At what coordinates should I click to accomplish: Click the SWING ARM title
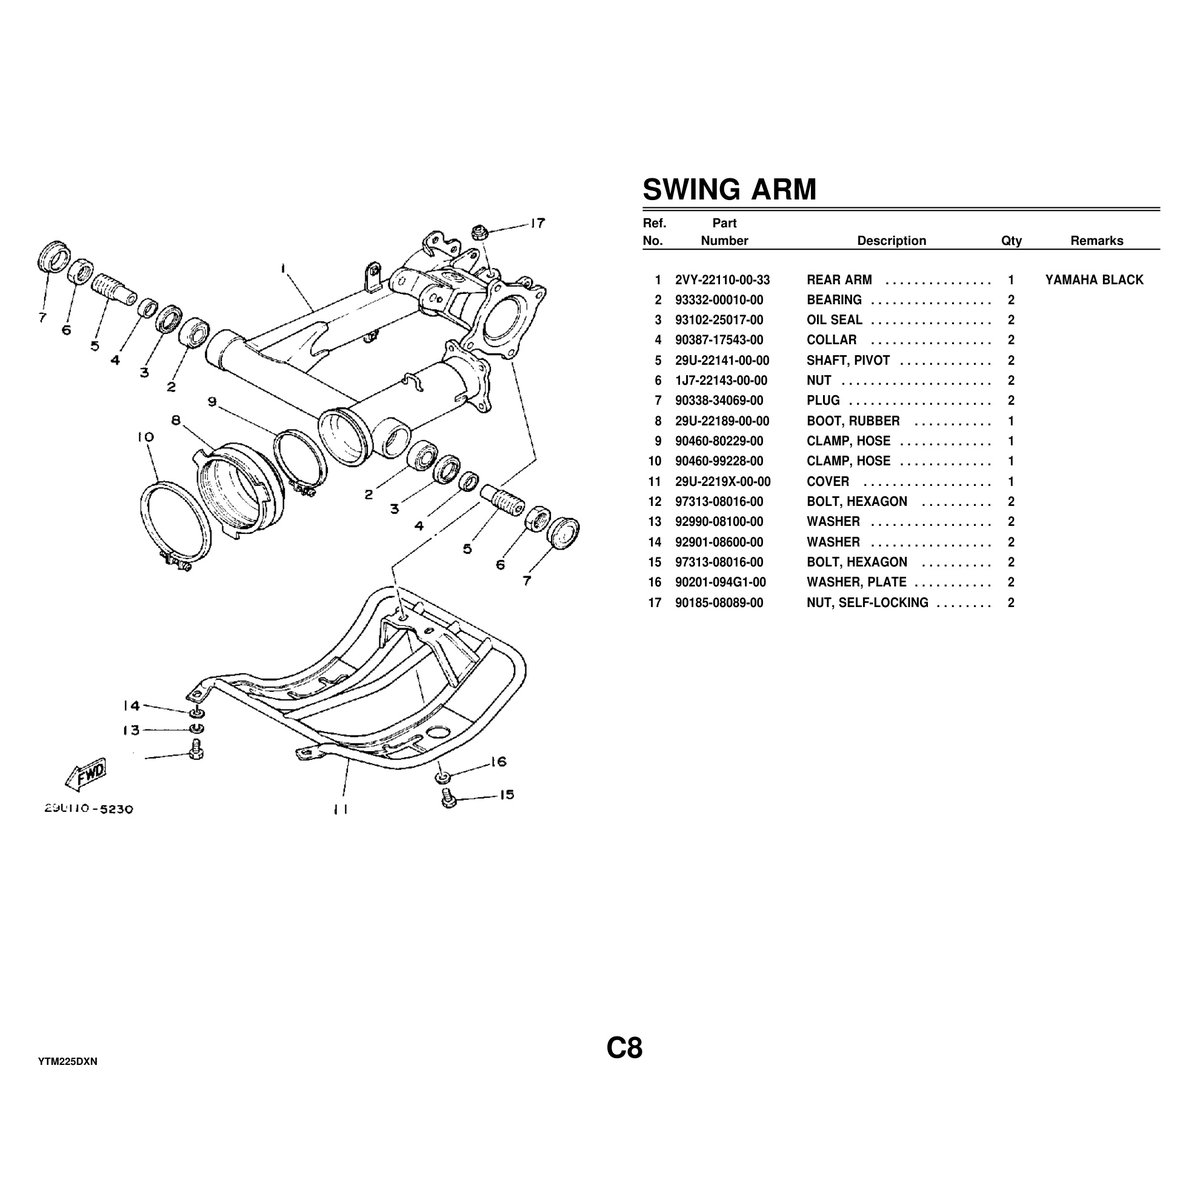[728, 189]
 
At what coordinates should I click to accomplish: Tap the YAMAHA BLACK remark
[1094, 280]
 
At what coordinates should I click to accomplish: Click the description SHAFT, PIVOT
[848, 360]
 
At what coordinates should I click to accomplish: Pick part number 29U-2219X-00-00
[722, 481]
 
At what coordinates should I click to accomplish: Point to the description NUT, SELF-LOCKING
[867, 602]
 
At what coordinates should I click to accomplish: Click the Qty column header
[1011, 241]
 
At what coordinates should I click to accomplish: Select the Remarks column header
[1096, 241]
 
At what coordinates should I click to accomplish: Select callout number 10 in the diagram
[145, 437]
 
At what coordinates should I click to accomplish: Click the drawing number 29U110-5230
[89, 808]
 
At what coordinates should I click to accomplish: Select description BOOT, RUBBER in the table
[853, 421]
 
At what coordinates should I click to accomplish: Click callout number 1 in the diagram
[284, 268]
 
